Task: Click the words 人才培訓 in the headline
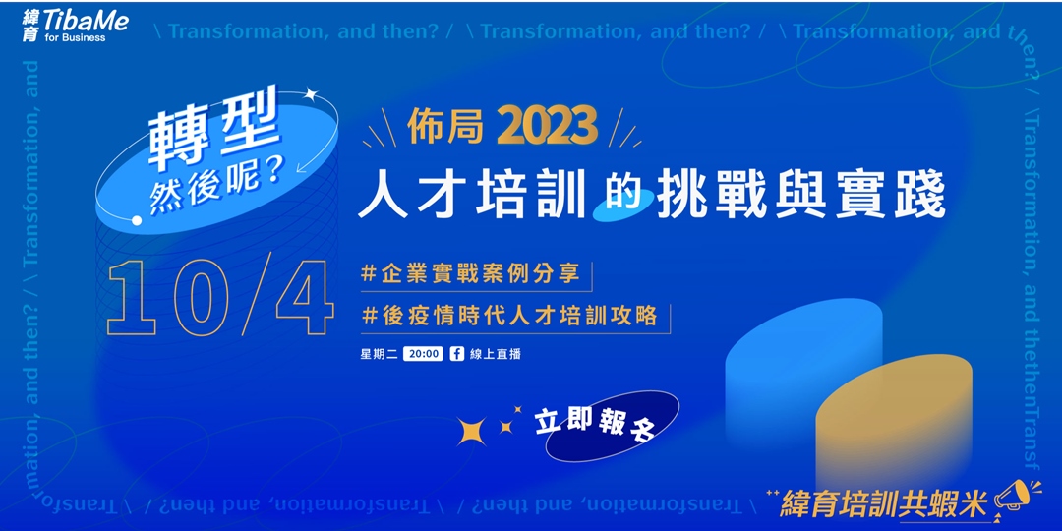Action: (x=472, y=194)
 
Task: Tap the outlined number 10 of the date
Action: (x=173, y=299)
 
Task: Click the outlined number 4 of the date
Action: (x=304, y=299)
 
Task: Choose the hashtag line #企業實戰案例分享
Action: (x=476, y=274)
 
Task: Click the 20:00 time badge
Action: (x=422, y=354)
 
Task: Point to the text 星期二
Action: (x=379, y=354)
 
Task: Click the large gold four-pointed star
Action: (x=472, y=431)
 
